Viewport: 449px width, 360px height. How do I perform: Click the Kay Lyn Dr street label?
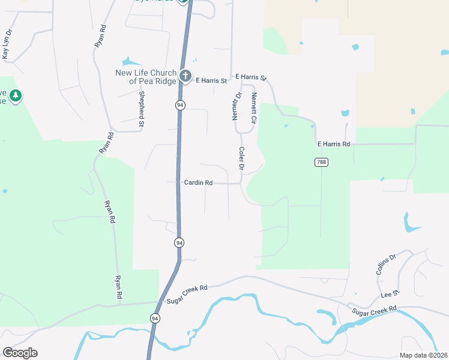(x=7, y=44)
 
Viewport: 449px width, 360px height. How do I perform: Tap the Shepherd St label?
(x=142, y=109)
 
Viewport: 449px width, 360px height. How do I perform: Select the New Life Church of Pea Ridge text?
(x=146, y=77)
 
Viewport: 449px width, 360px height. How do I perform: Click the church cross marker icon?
(x=185, y=77)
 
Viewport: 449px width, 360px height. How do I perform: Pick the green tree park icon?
(x=15, y=95)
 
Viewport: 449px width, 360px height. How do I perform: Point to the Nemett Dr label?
(x=237, y=107)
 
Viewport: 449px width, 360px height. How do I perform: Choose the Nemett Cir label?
(x=254, y=109)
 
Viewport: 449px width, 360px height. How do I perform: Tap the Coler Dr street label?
(x=241, y=159)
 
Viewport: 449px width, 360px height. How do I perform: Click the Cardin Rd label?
(x=198, y=182)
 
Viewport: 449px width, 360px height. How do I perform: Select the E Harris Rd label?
(x=333, y=144)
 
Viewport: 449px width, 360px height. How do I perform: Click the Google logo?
(x=20, y=352)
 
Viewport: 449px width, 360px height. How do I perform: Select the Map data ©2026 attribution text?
(x=423, y=355)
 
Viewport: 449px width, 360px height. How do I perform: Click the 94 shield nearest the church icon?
(x=180, y=105)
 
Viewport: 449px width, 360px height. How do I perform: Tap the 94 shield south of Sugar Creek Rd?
(x=155, y=318)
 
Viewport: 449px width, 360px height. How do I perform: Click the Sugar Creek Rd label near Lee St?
(x=375, y=311)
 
